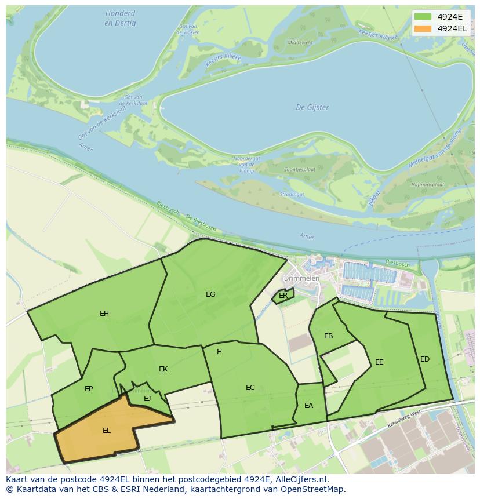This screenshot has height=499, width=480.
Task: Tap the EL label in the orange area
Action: click(x=107, y=431)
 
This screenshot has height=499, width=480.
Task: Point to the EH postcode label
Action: click(x=104, y=314)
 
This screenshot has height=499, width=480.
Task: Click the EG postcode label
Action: click(x=210, y=294)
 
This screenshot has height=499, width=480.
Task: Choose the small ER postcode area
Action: click(x=283, y=296)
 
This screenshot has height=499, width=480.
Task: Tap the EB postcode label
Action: click(x=329, y=336)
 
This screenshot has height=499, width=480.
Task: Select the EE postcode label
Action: click(x=379, y=362)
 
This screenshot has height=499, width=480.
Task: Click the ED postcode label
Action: click(x=425, y=359)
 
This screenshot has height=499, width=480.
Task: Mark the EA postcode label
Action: click(x=308, y=406)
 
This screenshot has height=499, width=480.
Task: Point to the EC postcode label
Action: click(x=250, y=388)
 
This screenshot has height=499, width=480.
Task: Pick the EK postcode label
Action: click(x=163, y=369)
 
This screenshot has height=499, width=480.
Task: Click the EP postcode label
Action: click(x=89, y=389)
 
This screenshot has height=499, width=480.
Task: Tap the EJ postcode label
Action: click(x=147, y=398)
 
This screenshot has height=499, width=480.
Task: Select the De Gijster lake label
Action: click(x=312, y=107)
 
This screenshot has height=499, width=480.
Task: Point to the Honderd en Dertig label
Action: click(x=120, y=18)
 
